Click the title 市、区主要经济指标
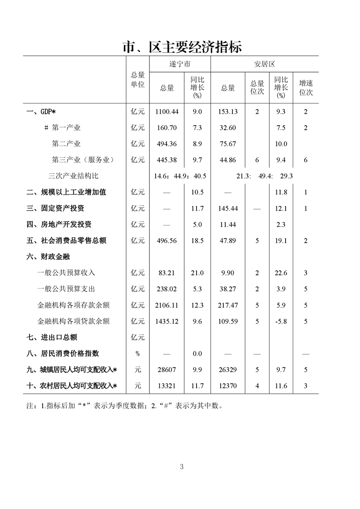coord(182,46)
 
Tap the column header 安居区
coord(264,64)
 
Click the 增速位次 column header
coord(306,88)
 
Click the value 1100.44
coord(167,112)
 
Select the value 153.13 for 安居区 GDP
coord(228,112)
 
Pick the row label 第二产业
coord(66,144)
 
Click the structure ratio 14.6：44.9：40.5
coord(181,176)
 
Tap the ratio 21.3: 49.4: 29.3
coord(264,176)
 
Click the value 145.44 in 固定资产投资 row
coord(228,208)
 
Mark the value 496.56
coord(167,240)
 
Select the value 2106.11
coord(167,305)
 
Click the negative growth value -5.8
coord(281,321)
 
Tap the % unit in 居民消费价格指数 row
coord(138,353)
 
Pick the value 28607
coord(167,370)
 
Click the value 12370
coord(228,386)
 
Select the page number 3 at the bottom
coord(182,466)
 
